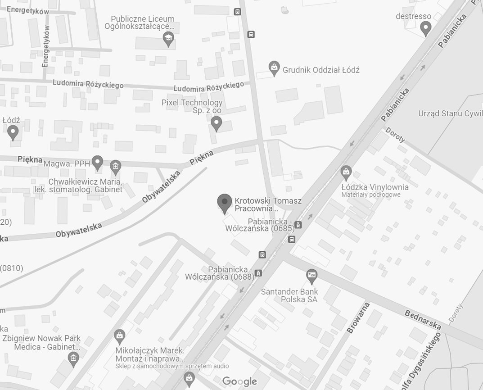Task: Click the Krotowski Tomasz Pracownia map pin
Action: [224, 203]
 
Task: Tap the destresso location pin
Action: [425, 28]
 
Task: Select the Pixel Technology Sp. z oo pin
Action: [217, 123]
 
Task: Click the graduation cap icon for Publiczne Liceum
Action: [168, 39]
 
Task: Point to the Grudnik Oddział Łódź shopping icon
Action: [274, 68]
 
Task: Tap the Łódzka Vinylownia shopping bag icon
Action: [346, 172]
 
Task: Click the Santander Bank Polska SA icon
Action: [311, 275]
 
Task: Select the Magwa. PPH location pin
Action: [98, 163]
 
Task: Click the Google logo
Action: [239, 381]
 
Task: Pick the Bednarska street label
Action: [422, 319]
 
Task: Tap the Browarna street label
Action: [358, 318]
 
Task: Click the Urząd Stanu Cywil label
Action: [450, 113]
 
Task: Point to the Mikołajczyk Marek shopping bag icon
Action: [119, 336]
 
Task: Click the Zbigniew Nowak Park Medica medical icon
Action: [73, 358]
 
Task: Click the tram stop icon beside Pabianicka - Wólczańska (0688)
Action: [258, 272]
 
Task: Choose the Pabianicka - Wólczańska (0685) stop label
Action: [260, 225]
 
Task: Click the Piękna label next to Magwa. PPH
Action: [30, 159]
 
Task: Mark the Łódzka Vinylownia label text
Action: [375, 187]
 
